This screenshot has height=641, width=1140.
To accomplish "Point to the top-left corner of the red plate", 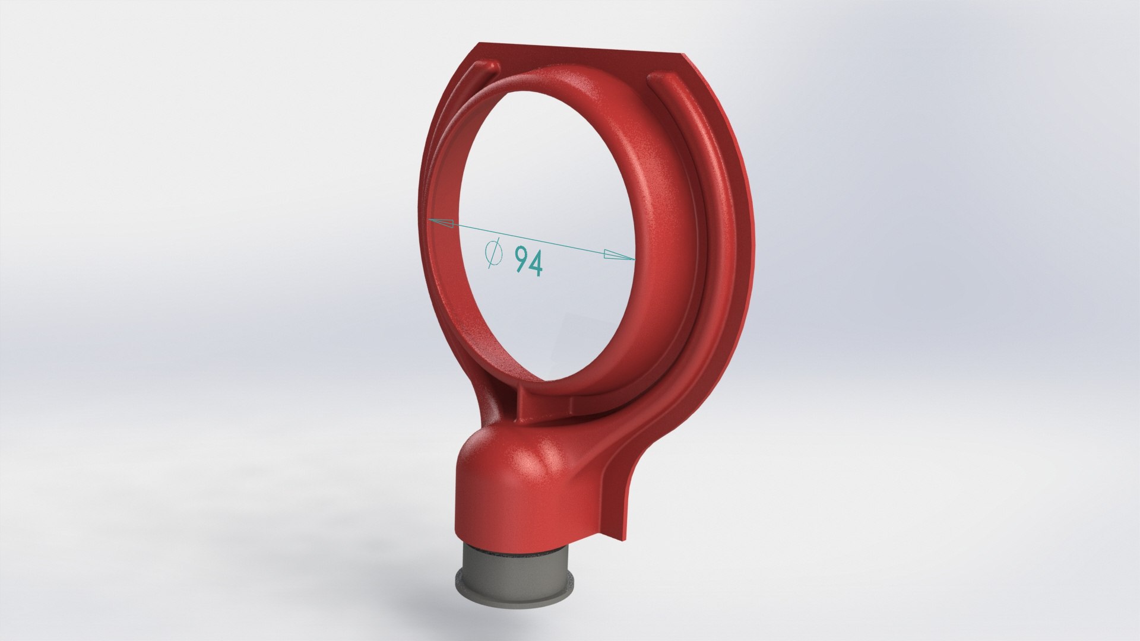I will (479, 43).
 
